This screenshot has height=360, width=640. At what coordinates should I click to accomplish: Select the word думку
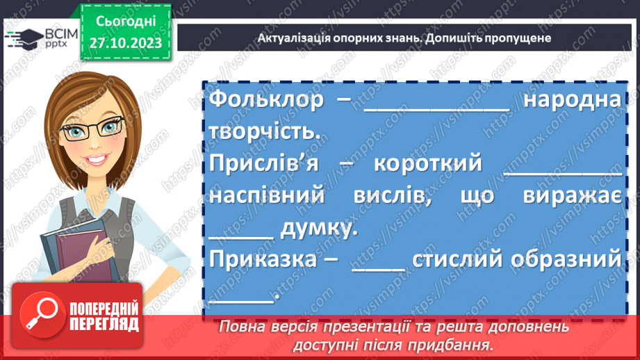pos(319,228)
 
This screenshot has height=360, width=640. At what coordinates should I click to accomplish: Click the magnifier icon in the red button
pos(42,316)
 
